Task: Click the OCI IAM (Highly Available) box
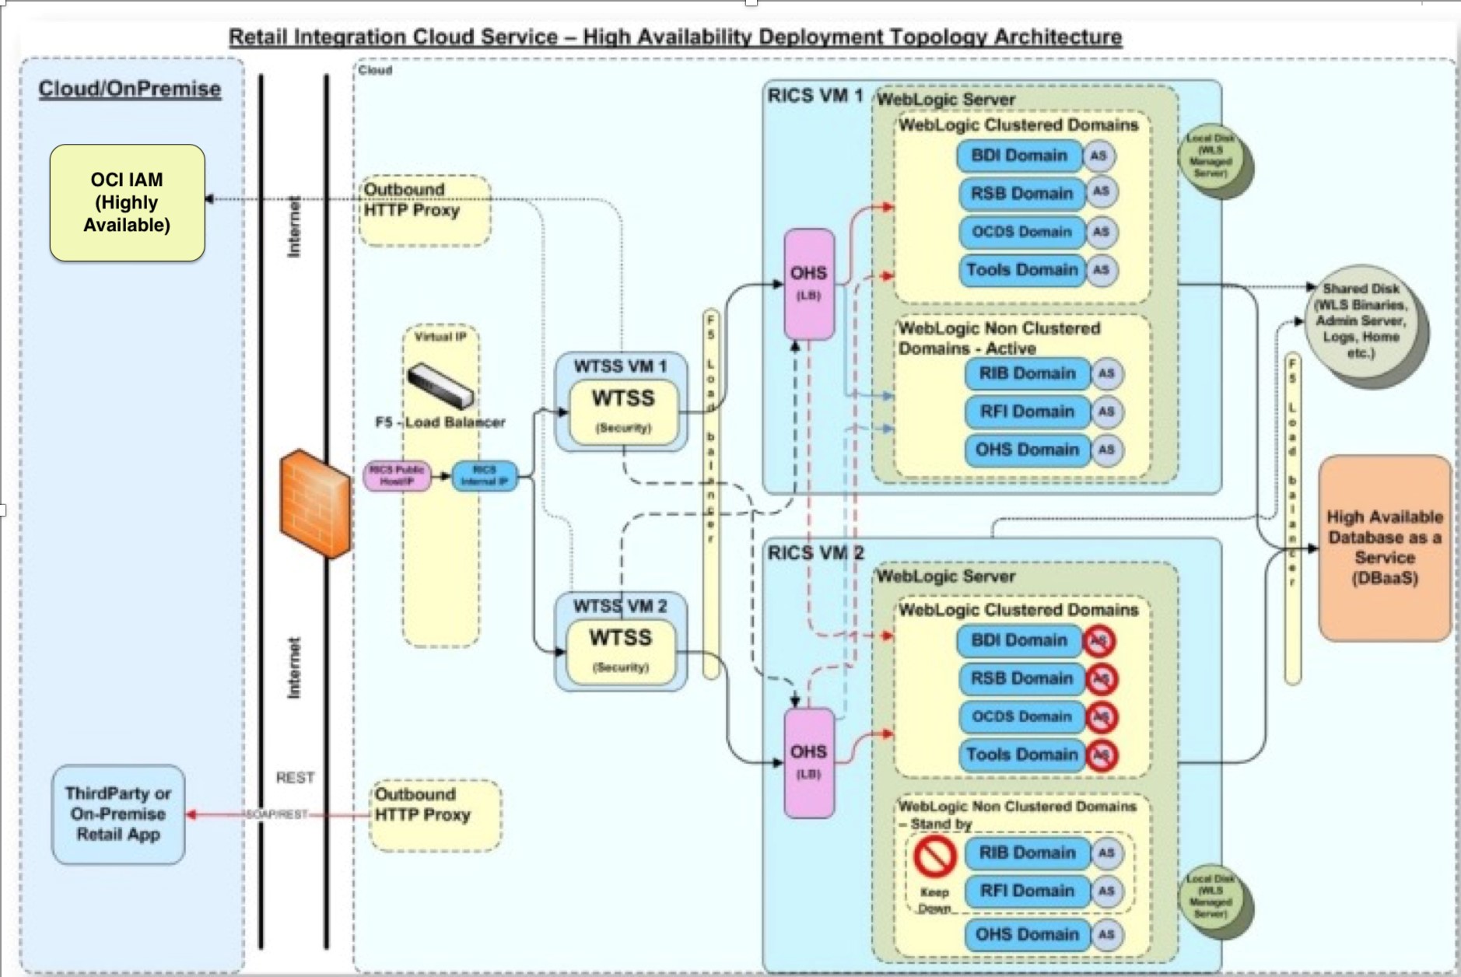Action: [127, 202]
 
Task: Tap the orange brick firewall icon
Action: [314, 504]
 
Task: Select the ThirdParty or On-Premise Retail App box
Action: [118, 814]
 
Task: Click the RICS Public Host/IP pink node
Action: [397, 475]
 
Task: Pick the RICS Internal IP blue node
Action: [484, 475]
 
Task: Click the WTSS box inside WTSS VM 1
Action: [623, 411]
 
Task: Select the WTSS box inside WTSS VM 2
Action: [620, 650]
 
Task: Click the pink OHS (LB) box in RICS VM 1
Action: [809, 283]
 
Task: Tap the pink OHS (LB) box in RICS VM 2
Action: [809, 762]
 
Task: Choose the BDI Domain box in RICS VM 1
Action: [1019, 156]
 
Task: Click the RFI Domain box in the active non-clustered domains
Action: [1027, 411]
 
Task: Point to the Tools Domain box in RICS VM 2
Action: [1021, 755]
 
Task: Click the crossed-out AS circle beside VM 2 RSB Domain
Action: [1101, 679]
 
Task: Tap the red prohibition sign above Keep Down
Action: [934, 856]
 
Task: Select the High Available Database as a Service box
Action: [1384, 548]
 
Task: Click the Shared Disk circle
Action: [1361, 321]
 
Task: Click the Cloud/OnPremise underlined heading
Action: [130, 89]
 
